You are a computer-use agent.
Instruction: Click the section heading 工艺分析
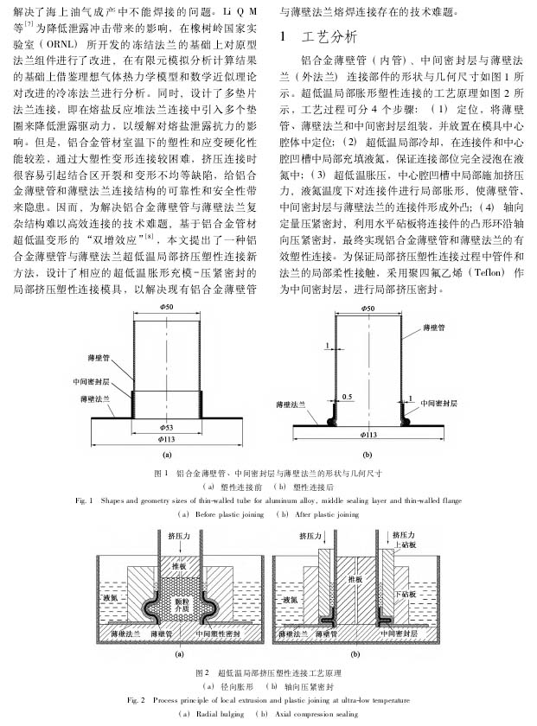(329, 36)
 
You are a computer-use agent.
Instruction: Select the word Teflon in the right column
(489, 272)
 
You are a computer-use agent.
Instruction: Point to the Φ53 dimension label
(166, 427)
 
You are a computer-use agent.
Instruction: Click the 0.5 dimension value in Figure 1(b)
(347, 397)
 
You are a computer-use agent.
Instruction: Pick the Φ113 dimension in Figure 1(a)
(166, 439)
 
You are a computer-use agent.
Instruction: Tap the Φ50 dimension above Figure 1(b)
(368, 309)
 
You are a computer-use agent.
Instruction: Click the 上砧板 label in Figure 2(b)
(405, 544)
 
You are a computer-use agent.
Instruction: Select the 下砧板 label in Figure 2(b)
(406, 594)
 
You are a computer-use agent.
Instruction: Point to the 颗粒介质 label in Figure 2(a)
(182, 606)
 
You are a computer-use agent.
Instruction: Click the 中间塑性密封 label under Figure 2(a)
(218, 634)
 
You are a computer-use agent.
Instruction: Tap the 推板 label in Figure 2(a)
(179, 566)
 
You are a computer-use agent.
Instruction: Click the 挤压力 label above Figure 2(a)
(179, 536)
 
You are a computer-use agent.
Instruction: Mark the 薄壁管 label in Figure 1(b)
(434, 328)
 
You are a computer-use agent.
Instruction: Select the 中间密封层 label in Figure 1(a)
(91, 382)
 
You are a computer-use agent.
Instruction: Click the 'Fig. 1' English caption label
(84, 500)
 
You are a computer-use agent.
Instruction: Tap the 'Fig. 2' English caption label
(137, 700)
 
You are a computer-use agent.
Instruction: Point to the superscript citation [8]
(150, 237)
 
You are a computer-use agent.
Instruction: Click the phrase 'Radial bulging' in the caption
(221, 714)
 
